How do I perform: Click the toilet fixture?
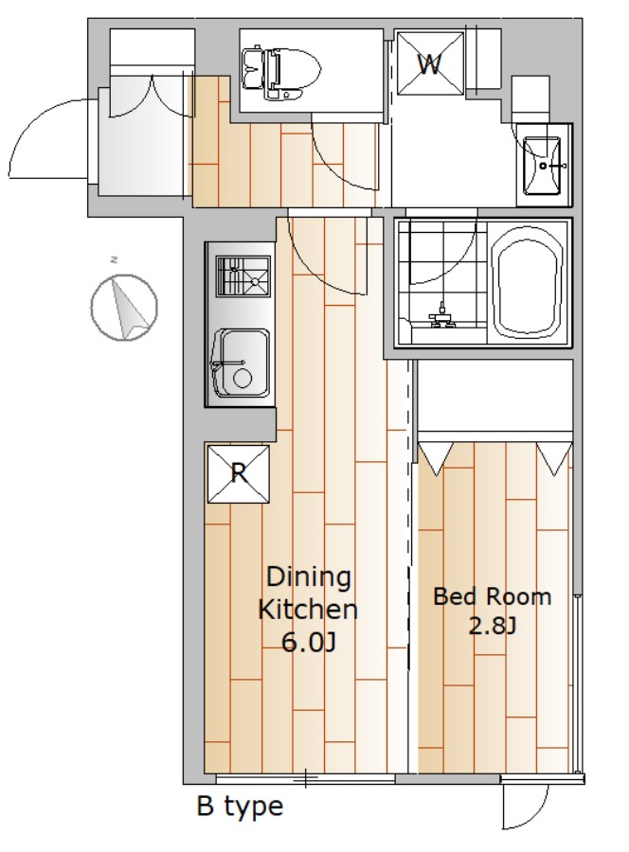click(x=281, y=73)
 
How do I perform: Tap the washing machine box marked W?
click(x=430, y=63)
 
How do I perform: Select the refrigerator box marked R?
click(x=239, y=474)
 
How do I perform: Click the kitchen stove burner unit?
click(x=243, y=276)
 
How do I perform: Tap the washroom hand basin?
click(x=542, y=165)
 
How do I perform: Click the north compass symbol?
click(x=124, y=308)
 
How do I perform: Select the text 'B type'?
click(x=240, y=807)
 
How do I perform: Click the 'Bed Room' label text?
click(x=492, y=596)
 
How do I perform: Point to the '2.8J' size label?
click(x=492, y=626)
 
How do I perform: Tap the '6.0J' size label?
click(x=308, y=643)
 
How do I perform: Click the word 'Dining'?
click(x=308, y=577)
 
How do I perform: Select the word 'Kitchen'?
click(x=308, y=610)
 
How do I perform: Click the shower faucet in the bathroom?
click(x=442, y=317)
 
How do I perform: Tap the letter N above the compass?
click(x=115, y=259)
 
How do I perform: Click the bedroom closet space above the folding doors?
click(x=494, y=395)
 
